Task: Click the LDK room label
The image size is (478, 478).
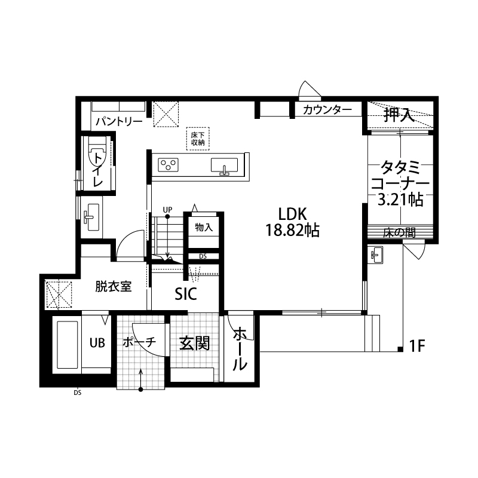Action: tap(292, 215)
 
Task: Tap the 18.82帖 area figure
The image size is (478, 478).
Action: tap(292, 230)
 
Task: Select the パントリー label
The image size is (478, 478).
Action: tap(119, 122)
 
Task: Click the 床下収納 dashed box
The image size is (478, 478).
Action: tap(198, 139)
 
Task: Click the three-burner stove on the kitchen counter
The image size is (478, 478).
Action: tap(168, 166)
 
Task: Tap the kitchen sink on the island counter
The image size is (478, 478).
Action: tap(224, 166)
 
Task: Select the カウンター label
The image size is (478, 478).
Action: tap(327, 110)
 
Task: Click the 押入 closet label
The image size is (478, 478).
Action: tap(399, 115)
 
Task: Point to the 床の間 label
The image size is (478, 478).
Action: tap(399, 233)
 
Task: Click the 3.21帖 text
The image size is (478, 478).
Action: tap(400, 200)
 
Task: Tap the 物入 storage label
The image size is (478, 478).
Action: tap(204, 227)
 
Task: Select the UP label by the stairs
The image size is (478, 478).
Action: tap(167, 210)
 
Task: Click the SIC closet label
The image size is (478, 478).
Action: tap(186, 294)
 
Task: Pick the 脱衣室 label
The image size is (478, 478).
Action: tap(114, 286)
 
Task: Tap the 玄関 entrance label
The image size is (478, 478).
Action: tap(195, 344)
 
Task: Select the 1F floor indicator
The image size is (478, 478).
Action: tap(416, 346)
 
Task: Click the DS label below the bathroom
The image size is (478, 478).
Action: tap(78, 393)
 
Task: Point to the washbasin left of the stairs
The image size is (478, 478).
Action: tap(91, 217)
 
